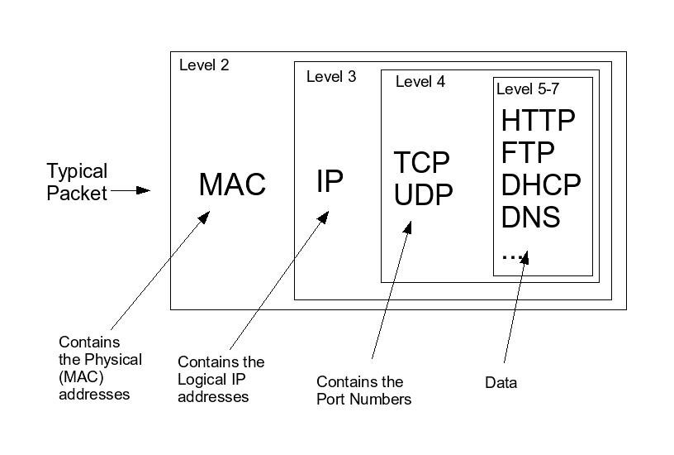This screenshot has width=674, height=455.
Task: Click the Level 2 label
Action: [204, 65]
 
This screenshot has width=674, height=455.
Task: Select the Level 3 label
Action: [331, 77]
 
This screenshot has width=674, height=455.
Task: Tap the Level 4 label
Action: [420, 81]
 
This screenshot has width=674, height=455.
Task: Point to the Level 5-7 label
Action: [533, 89]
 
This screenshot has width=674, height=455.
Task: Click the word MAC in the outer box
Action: [232, 184]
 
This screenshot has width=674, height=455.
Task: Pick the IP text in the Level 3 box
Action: [330, 181]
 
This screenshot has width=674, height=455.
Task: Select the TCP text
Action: [421, 161]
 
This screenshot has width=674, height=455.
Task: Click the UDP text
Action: [423, 195]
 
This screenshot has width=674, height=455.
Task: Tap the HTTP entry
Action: [538, 121]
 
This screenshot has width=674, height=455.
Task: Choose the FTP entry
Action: [527, 153]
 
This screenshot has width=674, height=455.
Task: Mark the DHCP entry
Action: [541, 184]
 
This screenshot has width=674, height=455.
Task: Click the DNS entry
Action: [530, 217]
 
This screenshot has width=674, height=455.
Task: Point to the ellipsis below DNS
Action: [513, 255]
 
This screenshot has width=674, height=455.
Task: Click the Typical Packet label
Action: [77, 183]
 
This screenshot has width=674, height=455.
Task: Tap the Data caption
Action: [501, 383]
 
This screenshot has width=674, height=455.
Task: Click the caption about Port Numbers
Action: [363, 390]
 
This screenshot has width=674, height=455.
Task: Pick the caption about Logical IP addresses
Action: [221, 379]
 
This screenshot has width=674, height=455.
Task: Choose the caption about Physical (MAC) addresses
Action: [100, 368]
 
